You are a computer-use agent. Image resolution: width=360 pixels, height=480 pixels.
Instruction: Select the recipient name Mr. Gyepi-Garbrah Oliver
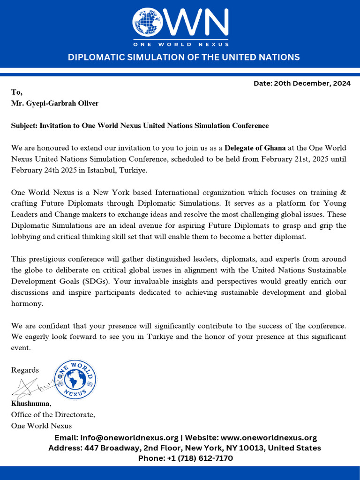click(x=55, y=103)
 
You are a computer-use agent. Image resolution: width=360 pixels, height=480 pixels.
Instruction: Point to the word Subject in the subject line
click(x=23, y=126)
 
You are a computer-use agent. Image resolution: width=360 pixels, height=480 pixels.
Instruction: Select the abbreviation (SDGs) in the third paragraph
click(x=81, y=281)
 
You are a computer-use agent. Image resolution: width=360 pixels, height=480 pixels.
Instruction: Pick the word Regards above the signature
click(x=25, y=370)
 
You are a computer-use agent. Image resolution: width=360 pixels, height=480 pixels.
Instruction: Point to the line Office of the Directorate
click(x=53, y=415)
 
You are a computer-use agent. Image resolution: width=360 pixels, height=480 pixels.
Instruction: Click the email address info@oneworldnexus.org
click(x=129, y=438)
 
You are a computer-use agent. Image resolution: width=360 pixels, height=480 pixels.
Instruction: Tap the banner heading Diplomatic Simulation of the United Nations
click(x=184, y=57)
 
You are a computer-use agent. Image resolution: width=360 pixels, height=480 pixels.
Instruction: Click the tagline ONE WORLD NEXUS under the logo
click(x=181, y=44)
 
